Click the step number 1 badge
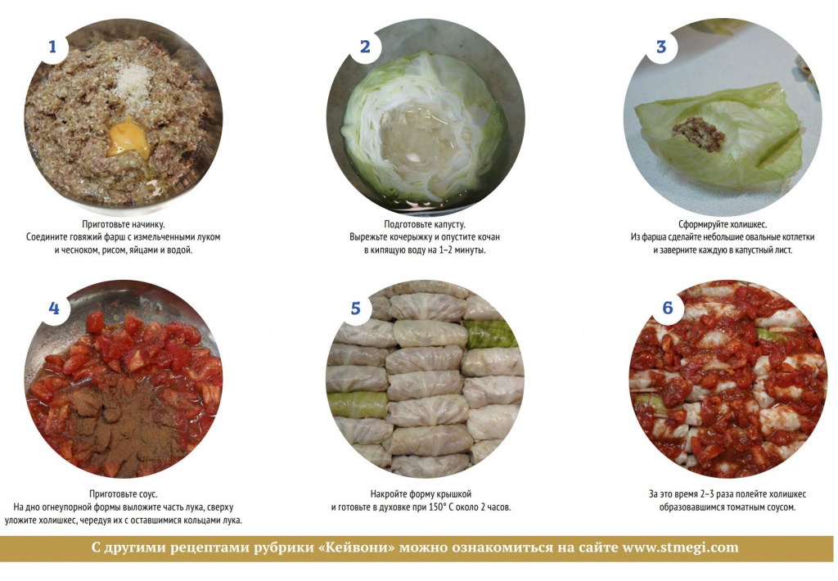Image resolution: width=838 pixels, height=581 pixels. click(x=52, y=47)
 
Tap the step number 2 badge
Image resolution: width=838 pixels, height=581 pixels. click(x=365, y=47)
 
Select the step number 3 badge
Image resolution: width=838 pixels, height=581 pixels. click(x=661, y=47)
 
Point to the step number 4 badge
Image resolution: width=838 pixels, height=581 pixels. click(x=53, y=308)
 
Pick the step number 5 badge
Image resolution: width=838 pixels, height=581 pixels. click(x=356, y=308)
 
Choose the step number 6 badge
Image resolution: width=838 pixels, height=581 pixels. click(x=668, y=308)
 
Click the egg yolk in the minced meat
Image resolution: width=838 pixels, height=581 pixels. click(x=128, y=138)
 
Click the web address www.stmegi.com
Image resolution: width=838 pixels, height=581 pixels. click(x=681, y=547)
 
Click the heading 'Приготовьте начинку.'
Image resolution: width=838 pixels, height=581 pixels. click(x=124, y=224)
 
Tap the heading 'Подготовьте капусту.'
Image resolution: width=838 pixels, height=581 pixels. click(x=425, y=224)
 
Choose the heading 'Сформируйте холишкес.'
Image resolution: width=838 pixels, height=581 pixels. click(x=723, y=224)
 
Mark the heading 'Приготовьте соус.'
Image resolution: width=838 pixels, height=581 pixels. click(x=124, y=494)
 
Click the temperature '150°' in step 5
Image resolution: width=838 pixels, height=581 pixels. click(x=439, y=507)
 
